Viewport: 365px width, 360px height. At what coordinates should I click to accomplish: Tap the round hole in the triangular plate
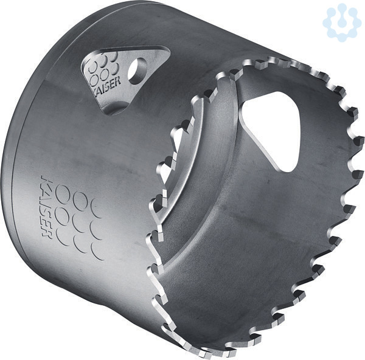coord(137,71)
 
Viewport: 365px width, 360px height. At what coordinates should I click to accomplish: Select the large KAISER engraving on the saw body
coord(46,206)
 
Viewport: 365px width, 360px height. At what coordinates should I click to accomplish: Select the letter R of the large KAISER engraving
coord(47,233)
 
